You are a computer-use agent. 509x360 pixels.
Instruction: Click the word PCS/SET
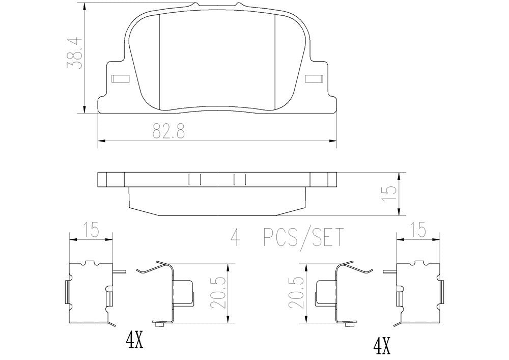[303, 237]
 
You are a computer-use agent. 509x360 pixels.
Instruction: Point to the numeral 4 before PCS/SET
[235, 237]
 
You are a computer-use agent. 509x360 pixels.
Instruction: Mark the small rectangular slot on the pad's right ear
[314, 79]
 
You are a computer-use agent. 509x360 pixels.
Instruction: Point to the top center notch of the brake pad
[217, 6]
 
